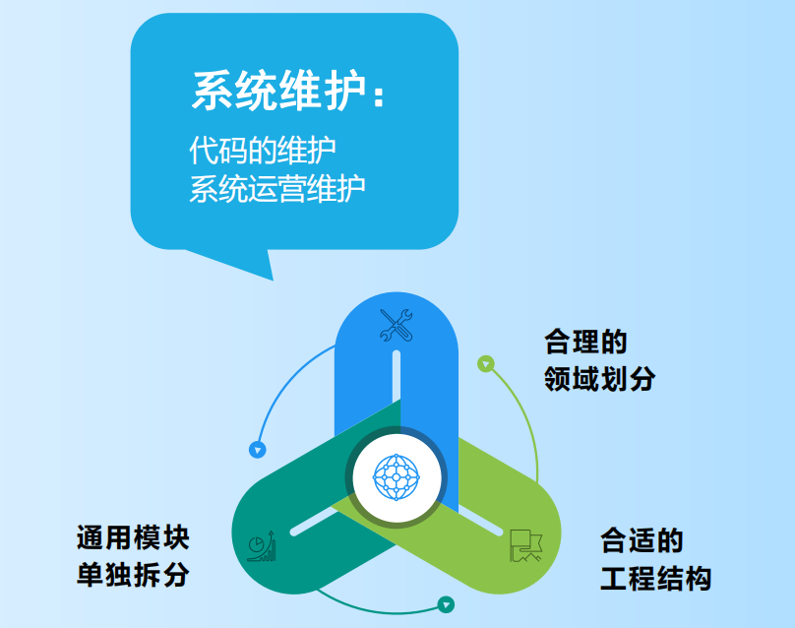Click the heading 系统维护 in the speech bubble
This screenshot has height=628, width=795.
click(x=275, y=93)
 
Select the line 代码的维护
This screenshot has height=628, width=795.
click(x=263, y=150)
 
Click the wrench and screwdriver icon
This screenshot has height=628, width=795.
click(x=396, y=326)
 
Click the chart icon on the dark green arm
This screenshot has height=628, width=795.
click(x=262, y=546)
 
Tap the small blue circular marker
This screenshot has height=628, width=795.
click(x=258, y=450)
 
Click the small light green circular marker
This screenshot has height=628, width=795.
click(x=484, y=364)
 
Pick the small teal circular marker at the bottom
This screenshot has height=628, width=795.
click(x=446, y=604)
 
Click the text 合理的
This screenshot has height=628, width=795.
click(x=585, y=342)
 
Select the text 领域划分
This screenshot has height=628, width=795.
click(x=599, y=379)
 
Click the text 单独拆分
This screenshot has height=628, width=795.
click(x=133, y=575)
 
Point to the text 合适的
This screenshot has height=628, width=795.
click(x=642, y=540)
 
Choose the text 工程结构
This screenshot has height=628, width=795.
click(x=655, y=578)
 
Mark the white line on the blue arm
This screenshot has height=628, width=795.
click(x=397, y=389)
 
